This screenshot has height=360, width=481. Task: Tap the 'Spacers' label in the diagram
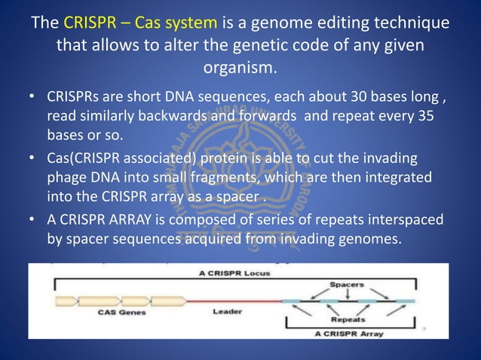[347, 285]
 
